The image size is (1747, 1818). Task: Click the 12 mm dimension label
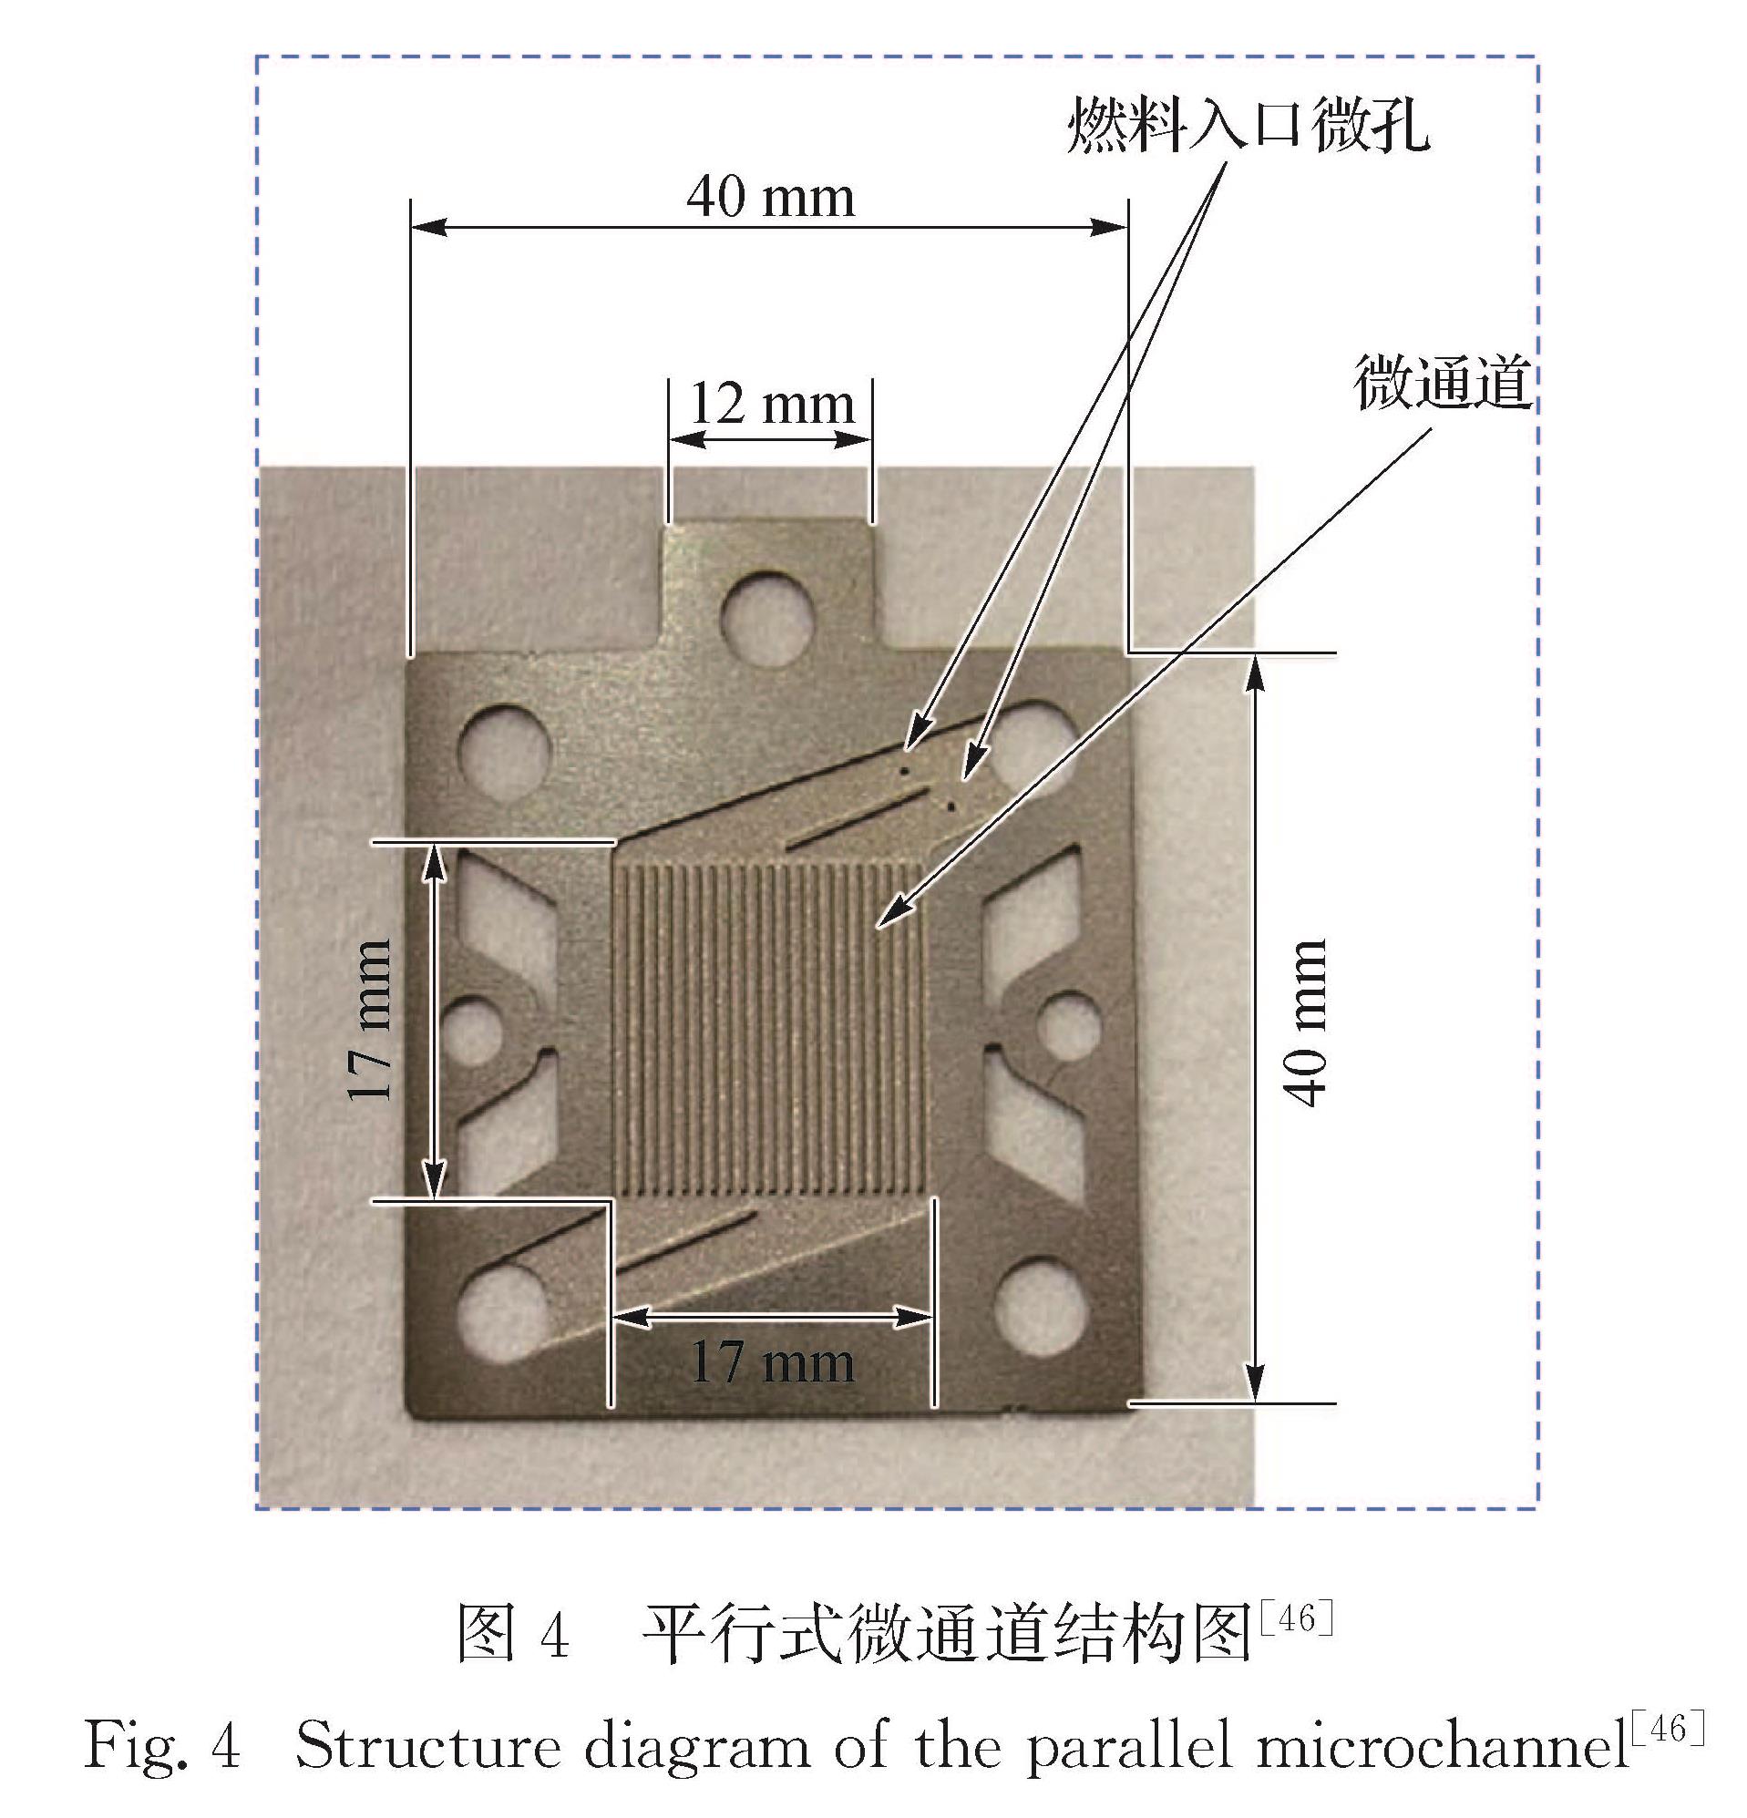[772, 405]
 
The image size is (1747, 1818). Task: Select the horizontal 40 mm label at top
[770, 198]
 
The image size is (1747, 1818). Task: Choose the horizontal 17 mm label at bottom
[772, 1362]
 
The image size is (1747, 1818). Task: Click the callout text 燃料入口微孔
[1248, 124]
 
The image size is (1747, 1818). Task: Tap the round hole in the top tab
[769, 618]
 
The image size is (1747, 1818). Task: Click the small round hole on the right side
[1069, 1027]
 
